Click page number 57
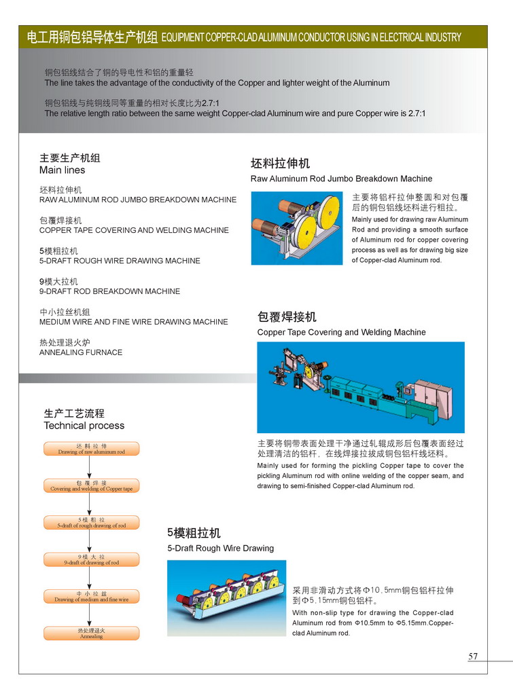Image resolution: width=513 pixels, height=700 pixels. pos(473,656)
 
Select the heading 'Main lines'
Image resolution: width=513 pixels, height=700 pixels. pos(63,170)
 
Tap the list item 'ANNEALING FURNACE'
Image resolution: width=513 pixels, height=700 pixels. pos(81,352)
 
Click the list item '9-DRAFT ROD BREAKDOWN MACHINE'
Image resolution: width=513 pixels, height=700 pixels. pos(109,291)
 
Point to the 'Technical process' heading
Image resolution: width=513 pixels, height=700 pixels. pos(84,426)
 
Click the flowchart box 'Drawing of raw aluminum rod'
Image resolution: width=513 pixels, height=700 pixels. pos(92,449)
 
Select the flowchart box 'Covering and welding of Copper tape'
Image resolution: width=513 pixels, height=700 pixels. pos(92,486)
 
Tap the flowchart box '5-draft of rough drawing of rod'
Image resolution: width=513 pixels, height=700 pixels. pos(92,523)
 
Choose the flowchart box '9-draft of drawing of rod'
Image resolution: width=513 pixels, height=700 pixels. pos(92,559)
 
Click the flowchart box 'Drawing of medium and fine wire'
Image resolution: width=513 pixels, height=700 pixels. pos(92,597)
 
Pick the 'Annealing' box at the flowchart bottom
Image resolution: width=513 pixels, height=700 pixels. pos(92,633)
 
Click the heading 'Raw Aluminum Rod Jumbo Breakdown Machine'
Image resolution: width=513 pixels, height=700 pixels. pos(341,179)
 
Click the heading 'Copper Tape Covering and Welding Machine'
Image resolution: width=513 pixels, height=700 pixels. pos(341,332)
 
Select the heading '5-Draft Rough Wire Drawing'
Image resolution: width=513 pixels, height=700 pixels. pos(221,548)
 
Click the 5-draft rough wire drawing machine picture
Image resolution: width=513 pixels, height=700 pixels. pos(226,597)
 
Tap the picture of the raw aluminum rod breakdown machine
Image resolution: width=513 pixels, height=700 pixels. pos(296,228)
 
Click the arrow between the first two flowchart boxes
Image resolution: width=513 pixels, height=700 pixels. pos(89,467)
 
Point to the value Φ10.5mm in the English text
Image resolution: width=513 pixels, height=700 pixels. pos(404,623)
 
